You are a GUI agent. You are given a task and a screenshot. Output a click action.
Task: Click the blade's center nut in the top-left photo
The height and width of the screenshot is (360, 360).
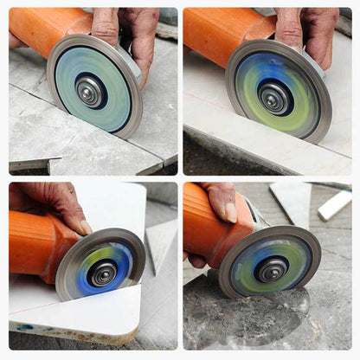pyautogui.click(x=90, y=90)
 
